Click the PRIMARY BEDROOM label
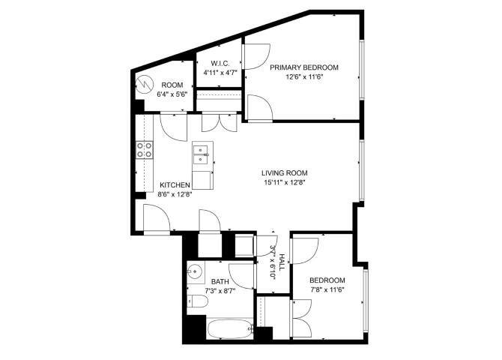(304, 67)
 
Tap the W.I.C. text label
(220, 63)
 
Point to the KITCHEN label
(175, 184)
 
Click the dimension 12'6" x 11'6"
(304, 77)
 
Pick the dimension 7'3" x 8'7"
(220, 291)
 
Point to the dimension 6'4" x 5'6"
(172, 95)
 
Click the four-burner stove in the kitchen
(144, 150)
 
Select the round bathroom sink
(195, 272)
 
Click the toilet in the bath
(196, 302)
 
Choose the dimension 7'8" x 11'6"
(327, 290)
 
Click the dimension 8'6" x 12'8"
(175, 194)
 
